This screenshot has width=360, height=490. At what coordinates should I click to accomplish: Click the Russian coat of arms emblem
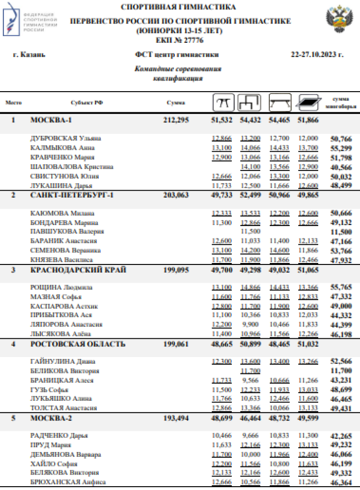[339, 20]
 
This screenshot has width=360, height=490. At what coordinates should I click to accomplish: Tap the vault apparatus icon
[223, 102]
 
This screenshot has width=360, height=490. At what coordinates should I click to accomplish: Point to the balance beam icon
[279, 102]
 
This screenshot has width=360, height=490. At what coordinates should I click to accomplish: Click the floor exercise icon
[307, 102]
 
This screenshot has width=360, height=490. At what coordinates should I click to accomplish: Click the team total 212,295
[176, 120]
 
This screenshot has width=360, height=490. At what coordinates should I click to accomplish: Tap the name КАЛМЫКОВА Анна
[62, 148]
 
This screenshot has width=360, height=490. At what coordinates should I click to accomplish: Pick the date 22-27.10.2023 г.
[317, 55]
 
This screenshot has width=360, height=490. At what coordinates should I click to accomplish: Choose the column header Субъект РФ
[86, 103]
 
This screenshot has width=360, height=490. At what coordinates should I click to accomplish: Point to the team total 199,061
[176, 344]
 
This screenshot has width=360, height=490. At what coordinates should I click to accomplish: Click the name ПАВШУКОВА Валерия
[67, 232]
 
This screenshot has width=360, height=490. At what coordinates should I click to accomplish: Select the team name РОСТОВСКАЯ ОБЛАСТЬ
[78, 344]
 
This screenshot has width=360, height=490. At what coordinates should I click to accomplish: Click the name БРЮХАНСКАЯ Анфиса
[68, 482]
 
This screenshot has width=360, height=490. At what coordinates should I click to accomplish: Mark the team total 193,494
[176, 418]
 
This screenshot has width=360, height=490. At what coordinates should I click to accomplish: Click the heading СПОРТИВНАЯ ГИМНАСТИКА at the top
[178, 7]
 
